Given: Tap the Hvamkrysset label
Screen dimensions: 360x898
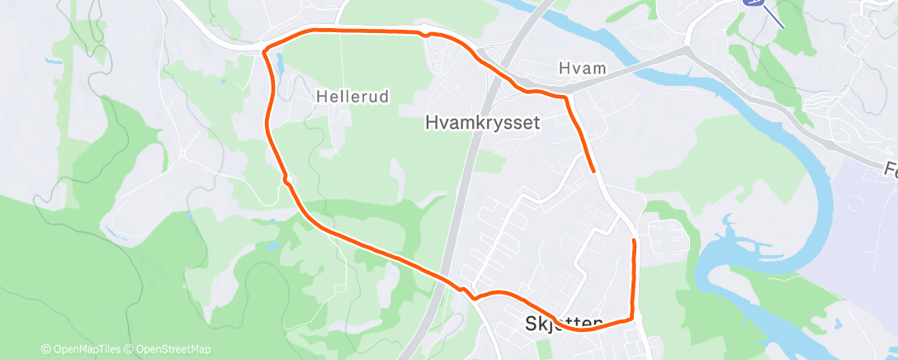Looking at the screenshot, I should tap(482, 123).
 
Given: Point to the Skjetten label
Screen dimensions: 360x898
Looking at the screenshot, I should tap(565, 324).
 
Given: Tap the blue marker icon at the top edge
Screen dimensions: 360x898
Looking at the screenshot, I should tap(754, 3).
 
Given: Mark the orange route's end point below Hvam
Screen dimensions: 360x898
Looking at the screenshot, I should tap(594, 171).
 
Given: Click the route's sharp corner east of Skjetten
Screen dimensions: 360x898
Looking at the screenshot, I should tap(632, 318).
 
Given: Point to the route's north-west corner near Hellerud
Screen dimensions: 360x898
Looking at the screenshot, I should tap(264, 51).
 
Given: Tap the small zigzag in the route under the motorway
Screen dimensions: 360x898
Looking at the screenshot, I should tap(468, 292).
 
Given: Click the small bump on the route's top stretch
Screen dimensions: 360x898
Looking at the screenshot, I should tap(424, 35).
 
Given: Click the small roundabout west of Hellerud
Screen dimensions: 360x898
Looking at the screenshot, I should tap(182, 153).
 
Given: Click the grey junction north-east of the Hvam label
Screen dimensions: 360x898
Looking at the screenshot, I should tap(687, 51).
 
